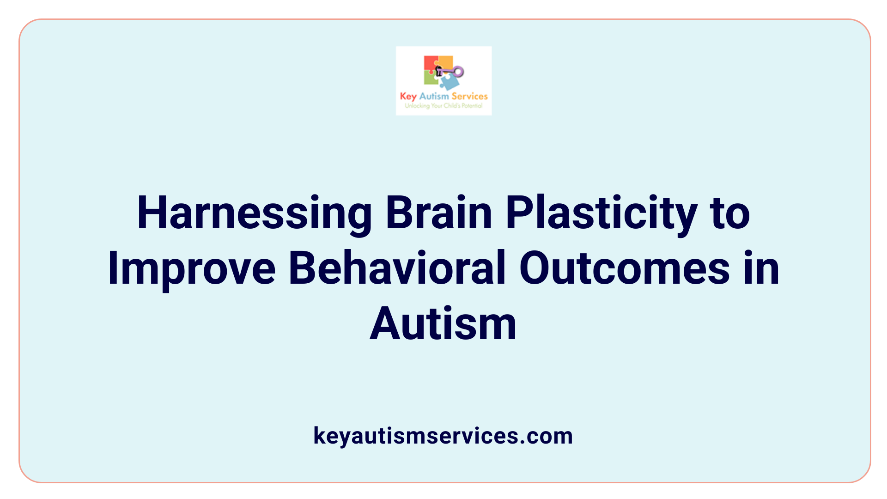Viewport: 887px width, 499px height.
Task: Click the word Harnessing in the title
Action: pyautogui.click(x=254, y=213)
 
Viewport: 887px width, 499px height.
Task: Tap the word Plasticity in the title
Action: pyautogui.click(x=601, y=213)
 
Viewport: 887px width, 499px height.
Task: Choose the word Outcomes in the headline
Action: pyautogui.click(x=624, y=268)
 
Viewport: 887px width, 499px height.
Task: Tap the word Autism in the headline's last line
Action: pyautogui.click(x=443, y=324)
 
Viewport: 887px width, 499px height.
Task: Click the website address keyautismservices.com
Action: pyautogui.click(x=443, y=436)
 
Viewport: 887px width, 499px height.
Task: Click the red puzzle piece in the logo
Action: pyautogui.click(x=430, y=64)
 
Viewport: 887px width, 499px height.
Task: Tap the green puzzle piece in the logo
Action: pyautogui.click(x=431, y=79)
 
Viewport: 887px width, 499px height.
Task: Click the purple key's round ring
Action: pyautogui.click(x=458, y=72)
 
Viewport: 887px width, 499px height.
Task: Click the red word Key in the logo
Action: pyautogui.click(x=408, y=97)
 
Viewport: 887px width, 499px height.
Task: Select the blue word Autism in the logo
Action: pyautogui.click(x=434, y=96)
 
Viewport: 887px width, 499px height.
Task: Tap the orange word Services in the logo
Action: pyautogui.click(x=469, y=96)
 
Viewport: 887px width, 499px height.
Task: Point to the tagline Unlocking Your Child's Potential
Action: pyautogui.click(x=443, y=106)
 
